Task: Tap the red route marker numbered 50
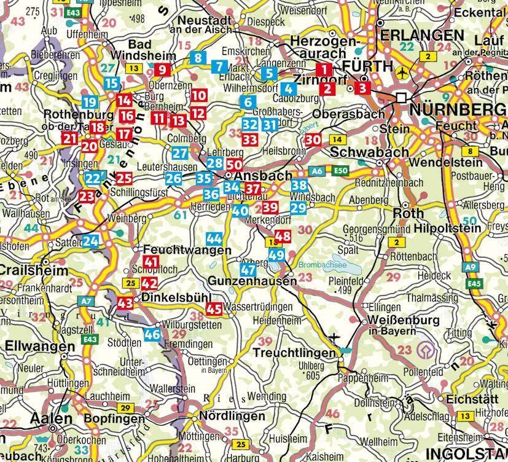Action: (234, 165)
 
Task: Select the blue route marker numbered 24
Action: (91, 241)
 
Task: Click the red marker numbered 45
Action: (214, 310)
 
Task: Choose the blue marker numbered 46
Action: (152, 334)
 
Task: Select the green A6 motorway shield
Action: (316, 171)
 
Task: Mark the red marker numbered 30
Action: (313, 139)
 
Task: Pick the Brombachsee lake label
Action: (315, 265)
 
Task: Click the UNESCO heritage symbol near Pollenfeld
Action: (423, 351)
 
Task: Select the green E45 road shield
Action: (472, 284)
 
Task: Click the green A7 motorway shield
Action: (86, 300)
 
